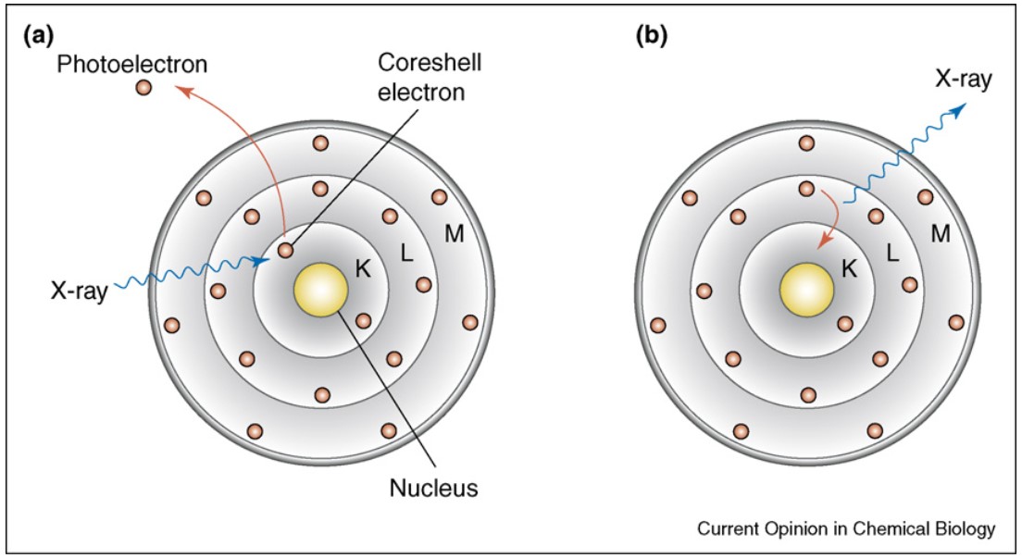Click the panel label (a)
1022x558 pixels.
(38, 36)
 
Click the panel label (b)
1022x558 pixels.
(651, 36)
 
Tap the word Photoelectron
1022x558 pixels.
(131, 64)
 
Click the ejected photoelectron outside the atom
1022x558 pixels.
(143, 87)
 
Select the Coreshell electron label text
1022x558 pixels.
(421, 77)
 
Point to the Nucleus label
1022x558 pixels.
(433, 488)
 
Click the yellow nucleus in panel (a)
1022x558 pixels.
(320, 290)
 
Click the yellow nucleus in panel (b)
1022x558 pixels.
(807, 290)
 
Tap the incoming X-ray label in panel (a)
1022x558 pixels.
(80, 291)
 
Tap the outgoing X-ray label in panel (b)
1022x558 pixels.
(964, 79)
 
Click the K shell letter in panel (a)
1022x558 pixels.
(362, 268)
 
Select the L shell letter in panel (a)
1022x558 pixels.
(406, 253)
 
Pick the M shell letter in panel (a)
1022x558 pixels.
(455, 233)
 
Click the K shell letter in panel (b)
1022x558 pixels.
(849, 268)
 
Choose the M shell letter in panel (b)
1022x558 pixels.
(941, 233)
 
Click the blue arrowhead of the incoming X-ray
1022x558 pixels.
(262, 261)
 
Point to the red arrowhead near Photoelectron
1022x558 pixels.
(184, 91)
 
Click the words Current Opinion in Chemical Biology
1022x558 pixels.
(846, 528)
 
